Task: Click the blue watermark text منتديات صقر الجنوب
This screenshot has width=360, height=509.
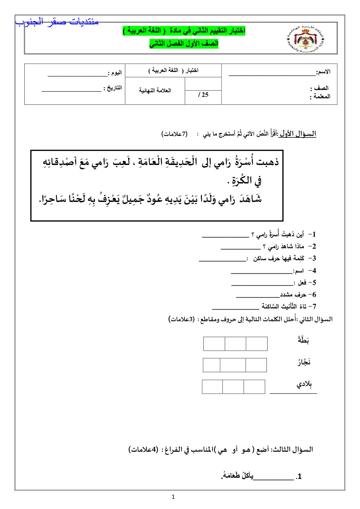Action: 57,22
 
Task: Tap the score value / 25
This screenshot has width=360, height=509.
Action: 203,95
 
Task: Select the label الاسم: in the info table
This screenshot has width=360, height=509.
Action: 323,72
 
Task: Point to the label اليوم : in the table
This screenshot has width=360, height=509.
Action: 115,73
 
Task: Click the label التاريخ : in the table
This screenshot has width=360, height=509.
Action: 113,88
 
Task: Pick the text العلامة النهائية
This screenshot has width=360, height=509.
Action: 155,90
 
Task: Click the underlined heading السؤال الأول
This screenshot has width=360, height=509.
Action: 298,134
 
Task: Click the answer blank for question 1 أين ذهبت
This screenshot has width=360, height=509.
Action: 225,236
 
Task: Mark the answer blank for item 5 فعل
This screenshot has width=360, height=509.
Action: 262,285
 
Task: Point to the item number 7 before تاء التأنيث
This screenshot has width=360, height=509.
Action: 314,307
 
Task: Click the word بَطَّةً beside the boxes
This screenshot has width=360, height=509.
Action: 303,340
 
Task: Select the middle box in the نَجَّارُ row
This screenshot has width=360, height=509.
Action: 232,365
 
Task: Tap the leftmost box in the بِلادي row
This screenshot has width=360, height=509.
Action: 212,387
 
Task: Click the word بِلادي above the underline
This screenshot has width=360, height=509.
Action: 304,384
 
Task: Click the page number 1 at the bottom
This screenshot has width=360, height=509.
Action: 173,497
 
